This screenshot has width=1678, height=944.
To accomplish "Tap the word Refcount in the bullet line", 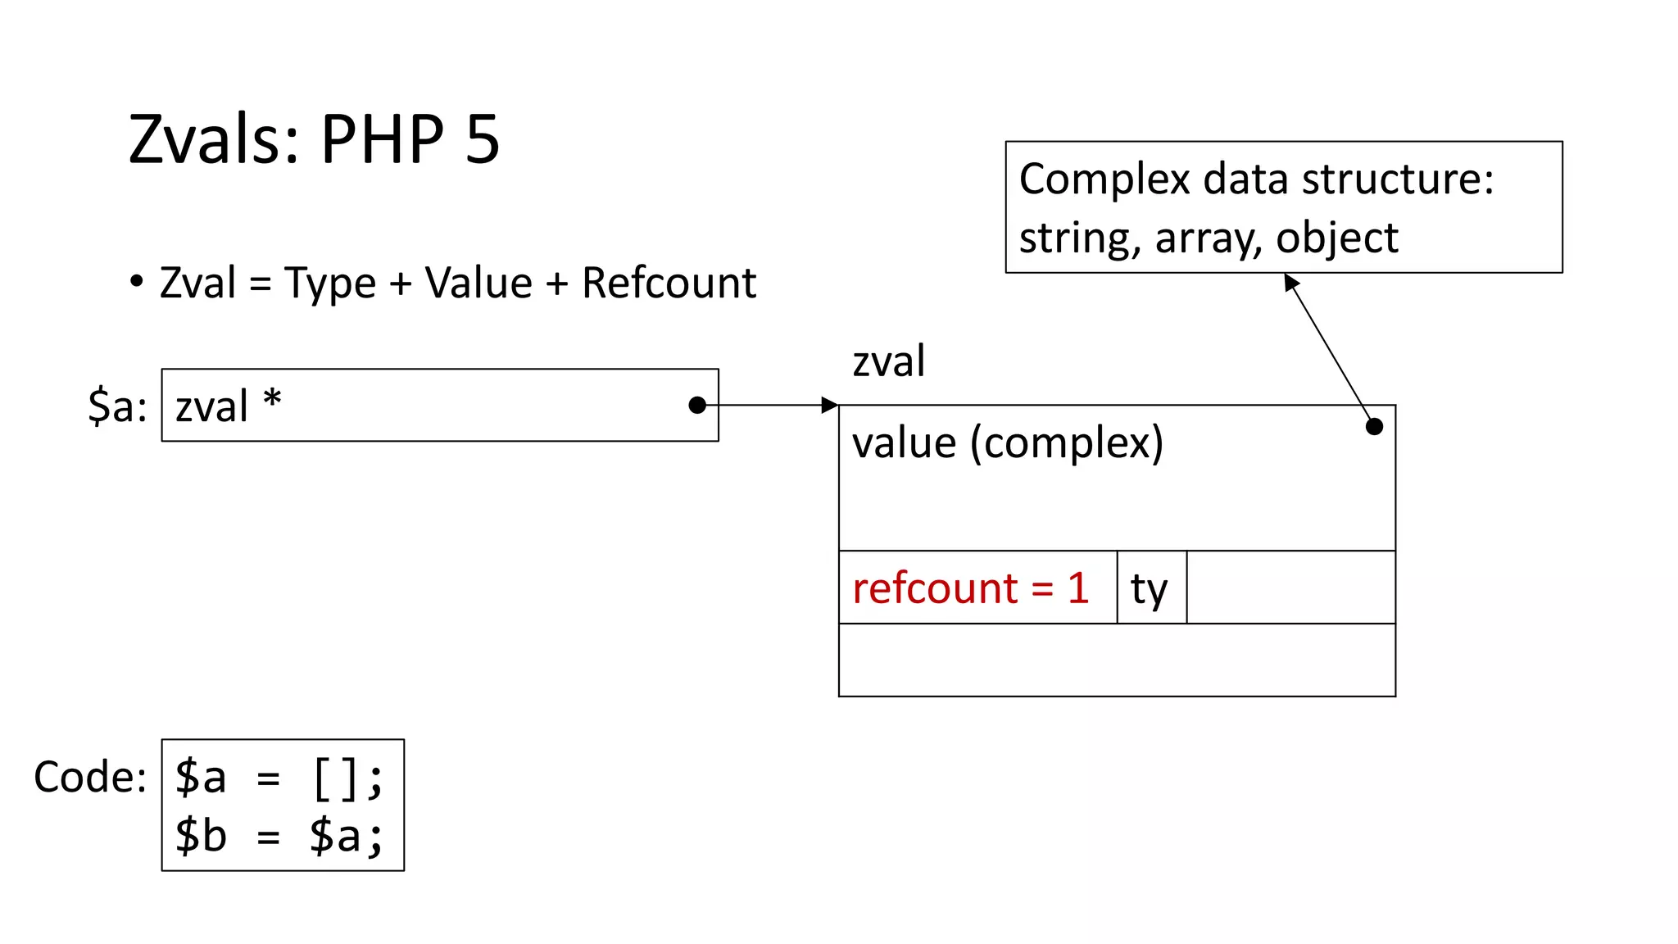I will [x=669, y=284].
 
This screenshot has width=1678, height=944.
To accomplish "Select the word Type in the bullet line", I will [x=329, y=285].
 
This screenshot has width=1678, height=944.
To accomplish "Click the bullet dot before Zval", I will [x=137, y=282].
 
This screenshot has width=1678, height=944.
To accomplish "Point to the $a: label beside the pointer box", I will [x=117, y=406].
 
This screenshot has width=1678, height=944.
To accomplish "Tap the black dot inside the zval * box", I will [x=697, y=405].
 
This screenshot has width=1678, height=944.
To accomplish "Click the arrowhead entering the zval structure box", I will [x=830, y=405].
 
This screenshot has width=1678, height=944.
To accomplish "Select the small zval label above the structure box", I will [x=888, y=361].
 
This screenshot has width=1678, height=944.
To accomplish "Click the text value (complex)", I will [x=1007, y=443].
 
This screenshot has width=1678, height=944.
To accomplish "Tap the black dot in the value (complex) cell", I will [x=1374, y=426].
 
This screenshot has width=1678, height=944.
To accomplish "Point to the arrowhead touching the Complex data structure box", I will [x=1291, y=283].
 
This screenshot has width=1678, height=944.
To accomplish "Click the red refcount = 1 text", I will [x=970, y=588].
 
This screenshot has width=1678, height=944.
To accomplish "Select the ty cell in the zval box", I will [x=1150, y=588].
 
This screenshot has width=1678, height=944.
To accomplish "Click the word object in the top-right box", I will [x=1336, y=238].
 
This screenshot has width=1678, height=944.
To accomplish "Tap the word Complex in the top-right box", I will [x=1104, y=179].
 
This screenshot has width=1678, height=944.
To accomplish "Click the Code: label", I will [x=90, y=776].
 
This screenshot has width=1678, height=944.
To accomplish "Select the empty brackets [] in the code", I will [x=334, y=778].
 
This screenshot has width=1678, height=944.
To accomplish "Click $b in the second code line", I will [x=200, y=836].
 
